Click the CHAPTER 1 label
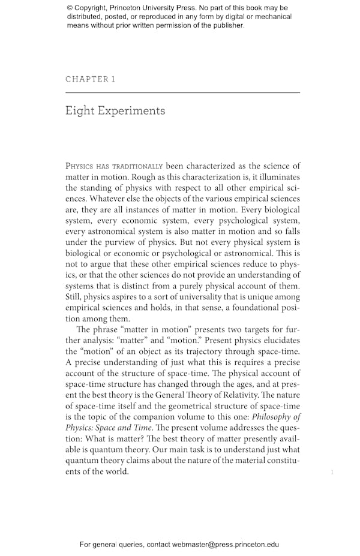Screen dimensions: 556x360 coord(90,79)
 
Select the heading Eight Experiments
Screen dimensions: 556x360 coord(115,111)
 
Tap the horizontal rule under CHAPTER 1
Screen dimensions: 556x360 coord(182,93)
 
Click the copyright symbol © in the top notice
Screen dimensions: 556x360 coord(70,8)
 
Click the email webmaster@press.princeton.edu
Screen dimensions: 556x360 coord(225,545)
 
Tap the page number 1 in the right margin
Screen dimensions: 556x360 coord(332,473)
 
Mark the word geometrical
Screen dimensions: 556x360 coord(187,406)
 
